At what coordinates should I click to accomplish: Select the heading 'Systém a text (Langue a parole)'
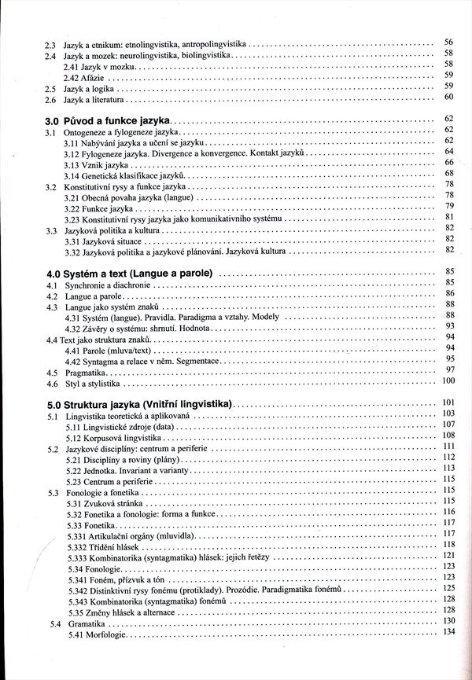coord(138,274)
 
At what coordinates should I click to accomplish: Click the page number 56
coord(449,42)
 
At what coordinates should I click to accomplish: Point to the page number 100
coord(449,381)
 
